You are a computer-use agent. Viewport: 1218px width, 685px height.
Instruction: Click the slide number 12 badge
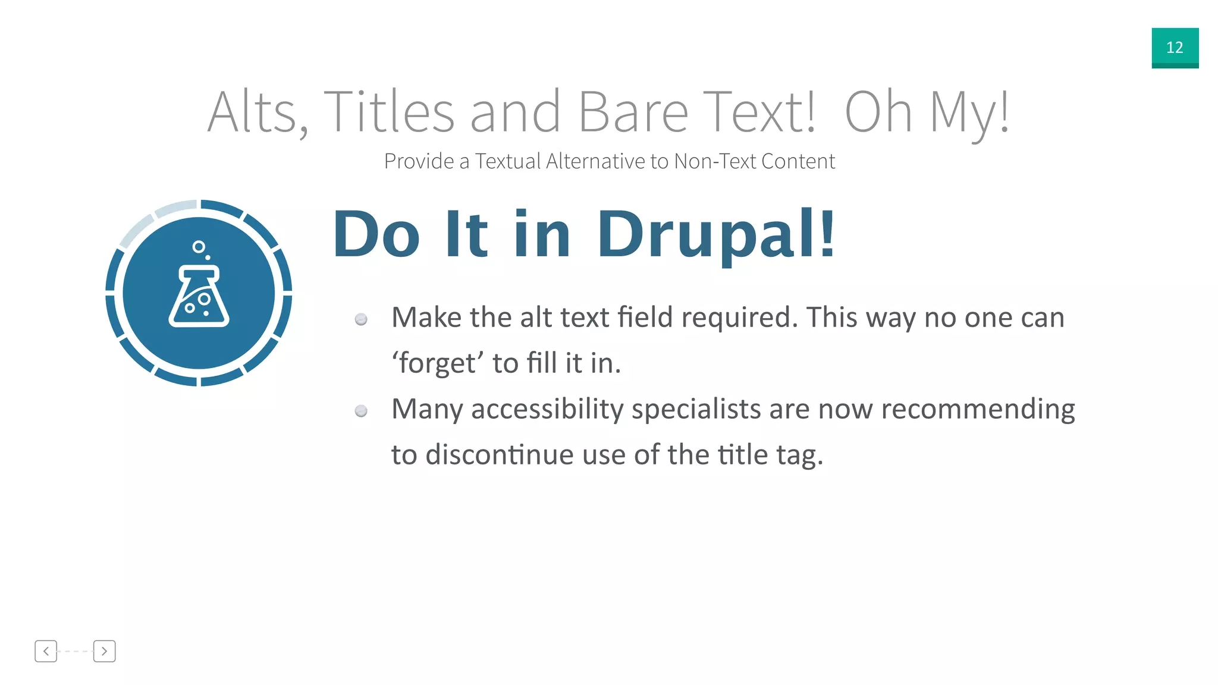pyautogui.click(x=1175, y=48)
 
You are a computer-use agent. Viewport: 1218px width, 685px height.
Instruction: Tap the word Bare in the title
pyautogui.click(x=633, y=112)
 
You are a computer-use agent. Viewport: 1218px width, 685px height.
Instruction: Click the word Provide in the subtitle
pyautogui.click(x=419, y=161)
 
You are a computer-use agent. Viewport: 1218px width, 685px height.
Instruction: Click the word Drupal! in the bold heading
pyautogui.click(x=716, y=235)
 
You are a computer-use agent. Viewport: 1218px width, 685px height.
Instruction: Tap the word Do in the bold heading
pyautogui.click(x=376, y=235)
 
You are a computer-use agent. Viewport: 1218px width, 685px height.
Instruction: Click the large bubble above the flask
pyautogui.click(x=199, y=246)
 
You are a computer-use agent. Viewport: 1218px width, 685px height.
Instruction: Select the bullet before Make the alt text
pyautogui.click(x=361, y=320)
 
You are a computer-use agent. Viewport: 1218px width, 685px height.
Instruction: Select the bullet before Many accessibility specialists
pyautogui.click(x=361, y=411)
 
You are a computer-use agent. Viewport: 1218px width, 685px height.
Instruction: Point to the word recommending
pyautogui.click(x=978, y=410)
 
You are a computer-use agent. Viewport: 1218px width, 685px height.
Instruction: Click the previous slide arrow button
pyautogui.click(x=46, y=651)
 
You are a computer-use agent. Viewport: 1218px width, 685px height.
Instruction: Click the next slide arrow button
pyautogui.click(x=104, y=651)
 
